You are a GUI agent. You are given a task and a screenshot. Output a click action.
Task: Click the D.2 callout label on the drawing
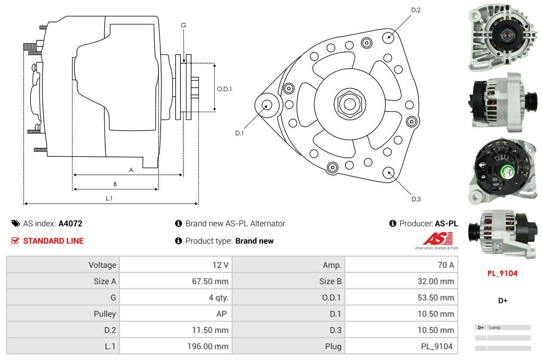point(415,10)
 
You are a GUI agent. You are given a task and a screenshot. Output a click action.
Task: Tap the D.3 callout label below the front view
point(416,199)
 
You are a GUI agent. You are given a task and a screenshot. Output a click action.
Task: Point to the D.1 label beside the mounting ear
point(239,133)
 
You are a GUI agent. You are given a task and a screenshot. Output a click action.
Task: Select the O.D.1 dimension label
point(224,89)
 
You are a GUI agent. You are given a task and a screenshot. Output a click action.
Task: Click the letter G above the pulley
point(183,25)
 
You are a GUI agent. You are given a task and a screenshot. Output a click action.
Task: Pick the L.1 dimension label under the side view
point(109,198)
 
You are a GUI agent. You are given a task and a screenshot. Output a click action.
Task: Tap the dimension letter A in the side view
point(131,170)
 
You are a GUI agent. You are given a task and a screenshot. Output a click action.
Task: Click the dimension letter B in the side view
point(115,184)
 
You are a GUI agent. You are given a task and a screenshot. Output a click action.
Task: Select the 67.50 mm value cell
point(210,281)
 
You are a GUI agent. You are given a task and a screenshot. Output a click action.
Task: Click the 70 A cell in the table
point(445,265)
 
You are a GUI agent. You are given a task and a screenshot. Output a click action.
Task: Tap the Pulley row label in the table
point(105,314)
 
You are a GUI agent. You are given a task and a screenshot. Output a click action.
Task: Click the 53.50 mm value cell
point(435,297)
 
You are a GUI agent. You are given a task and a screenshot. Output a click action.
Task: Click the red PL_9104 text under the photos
point(502,273)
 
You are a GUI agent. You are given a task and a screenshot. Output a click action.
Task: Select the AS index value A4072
point(70,223)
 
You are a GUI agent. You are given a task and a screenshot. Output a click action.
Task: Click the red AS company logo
point(438,238)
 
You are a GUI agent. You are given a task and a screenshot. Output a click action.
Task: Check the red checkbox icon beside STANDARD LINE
point(15,241)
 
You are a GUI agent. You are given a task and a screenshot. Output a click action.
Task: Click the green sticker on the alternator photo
point(505,172)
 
